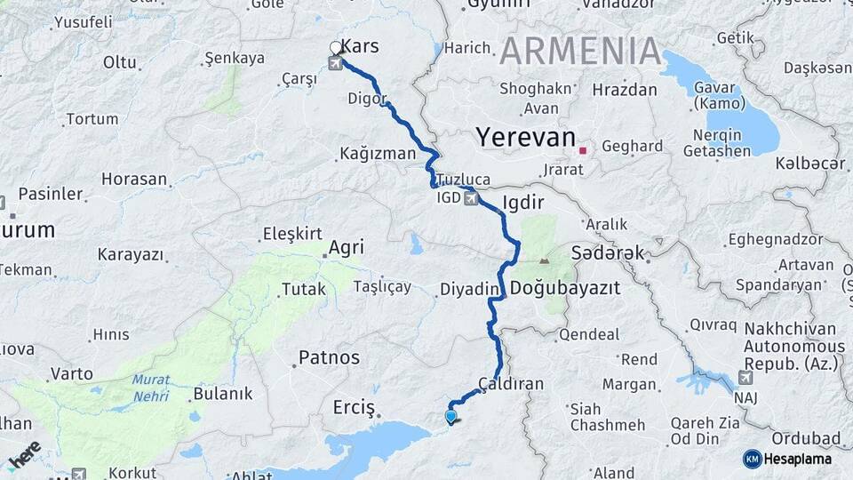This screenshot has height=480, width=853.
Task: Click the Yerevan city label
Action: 525,138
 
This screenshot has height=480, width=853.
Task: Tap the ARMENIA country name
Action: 580,51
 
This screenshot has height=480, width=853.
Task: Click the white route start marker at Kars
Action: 336,48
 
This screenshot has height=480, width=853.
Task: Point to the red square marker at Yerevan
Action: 582,151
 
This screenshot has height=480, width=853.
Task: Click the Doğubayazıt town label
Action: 565,289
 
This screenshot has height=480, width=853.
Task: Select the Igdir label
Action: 522,202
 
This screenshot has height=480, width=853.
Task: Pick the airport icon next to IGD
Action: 472,198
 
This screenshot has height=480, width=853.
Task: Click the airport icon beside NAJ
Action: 745,378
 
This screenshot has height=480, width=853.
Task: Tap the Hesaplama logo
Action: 791,458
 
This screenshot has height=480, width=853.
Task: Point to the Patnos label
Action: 329,357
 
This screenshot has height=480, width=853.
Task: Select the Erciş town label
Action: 355,406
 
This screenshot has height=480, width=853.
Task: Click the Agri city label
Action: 347,247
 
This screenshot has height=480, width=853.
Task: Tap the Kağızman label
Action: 378,154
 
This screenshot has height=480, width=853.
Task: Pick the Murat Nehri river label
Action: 151,388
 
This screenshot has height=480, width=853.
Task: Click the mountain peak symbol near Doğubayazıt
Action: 544,261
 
